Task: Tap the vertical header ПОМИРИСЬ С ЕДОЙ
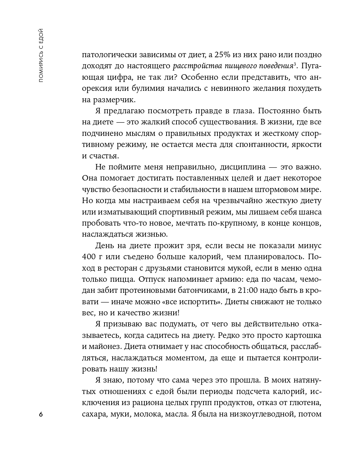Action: [x=41, y=55]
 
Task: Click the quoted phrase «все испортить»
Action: [x=191, y=302]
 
